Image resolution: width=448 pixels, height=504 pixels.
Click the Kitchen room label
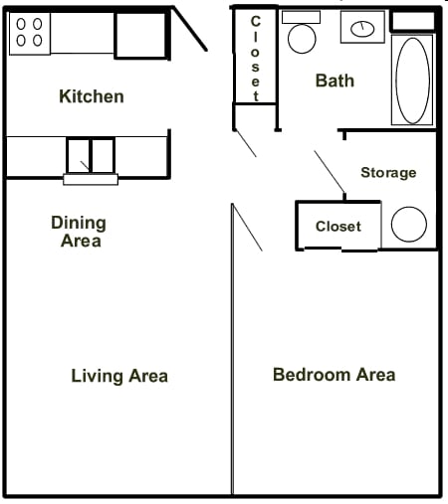click(x=92, y=96)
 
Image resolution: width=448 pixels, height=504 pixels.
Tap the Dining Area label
click(x=79, y=232)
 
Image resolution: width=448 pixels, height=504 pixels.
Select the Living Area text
click(x=119, y=376)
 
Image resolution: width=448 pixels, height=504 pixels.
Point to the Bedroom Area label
click(x=334, y=375)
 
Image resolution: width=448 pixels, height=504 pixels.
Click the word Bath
click(x=335, y=81)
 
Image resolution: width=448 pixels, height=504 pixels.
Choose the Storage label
click(x=388, y=173)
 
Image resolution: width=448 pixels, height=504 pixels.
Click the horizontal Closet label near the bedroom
click(x=337, y=227)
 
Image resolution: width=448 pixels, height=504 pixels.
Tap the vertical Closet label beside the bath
click(x=256, y=59)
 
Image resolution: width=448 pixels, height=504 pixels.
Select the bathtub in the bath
click(x=412, y=81)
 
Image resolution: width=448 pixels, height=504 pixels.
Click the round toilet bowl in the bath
click(x=301, y=38)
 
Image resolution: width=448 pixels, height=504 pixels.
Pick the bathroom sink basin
click(x=363, y=28)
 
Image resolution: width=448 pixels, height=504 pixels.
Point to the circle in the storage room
click(x=408, y=225)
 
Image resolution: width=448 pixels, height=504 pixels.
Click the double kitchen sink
click(x=91, y=155)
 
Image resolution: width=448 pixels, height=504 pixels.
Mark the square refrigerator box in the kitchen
click(x=140, y=35)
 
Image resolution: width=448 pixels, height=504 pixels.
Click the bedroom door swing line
click(x=247, y=228)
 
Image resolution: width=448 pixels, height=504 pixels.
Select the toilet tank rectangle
click(x=301, y=17)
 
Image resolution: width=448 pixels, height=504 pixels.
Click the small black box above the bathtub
click(x=412, y=21)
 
